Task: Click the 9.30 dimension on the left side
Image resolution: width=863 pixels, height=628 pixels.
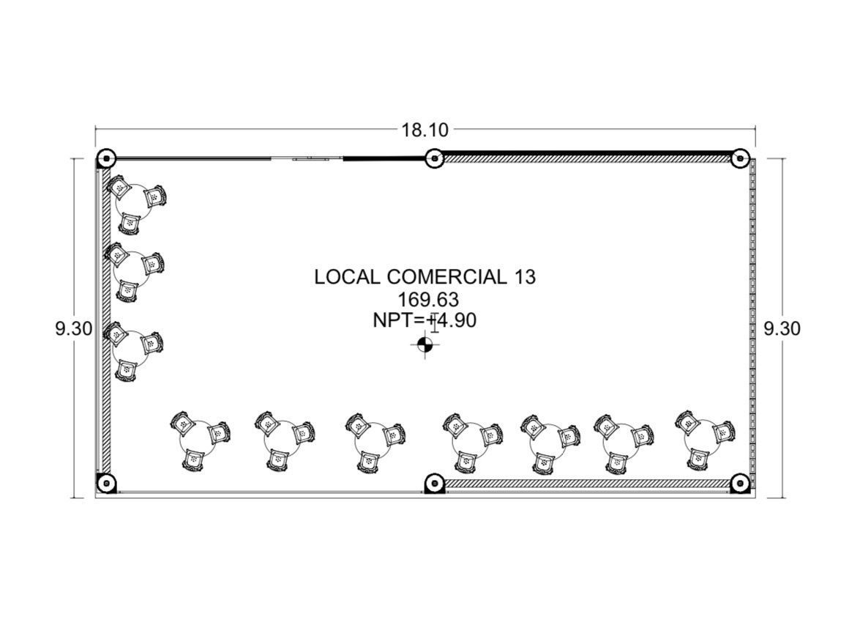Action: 73,328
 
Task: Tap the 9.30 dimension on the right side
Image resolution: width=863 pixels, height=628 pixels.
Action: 782,328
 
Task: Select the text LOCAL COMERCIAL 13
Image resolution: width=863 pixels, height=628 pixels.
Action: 425,276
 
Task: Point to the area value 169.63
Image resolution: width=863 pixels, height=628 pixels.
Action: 428,300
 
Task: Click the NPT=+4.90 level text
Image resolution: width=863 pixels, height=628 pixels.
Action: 425,320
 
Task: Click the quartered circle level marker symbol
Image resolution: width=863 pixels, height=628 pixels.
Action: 425,345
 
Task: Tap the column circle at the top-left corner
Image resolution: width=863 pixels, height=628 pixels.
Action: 105,159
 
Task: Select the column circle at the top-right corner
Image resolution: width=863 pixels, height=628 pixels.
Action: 740,159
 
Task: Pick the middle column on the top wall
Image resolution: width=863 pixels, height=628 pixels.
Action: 435,159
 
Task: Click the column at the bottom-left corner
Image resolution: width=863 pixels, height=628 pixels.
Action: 105,483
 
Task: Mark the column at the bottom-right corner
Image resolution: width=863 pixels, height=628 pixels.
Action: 740,483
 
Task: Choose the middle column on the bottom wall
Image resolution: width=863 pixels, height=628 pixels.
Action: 435,483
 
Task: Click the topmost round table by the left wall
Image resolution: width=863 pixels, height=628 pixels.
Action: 134,202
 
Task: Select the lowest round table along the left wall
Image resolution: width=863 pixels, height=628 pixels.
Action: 130,348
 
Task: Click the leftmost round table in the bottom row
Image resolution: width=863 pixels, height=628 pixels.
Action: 198,437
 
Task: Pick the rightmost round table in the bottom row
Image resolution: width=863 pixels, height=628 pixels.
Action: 702,437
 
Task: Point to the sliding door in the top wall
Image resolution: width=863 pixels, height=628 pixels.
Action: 310,159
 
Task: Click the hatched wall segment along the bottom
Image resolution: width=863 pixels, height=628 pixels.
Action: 587,483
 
